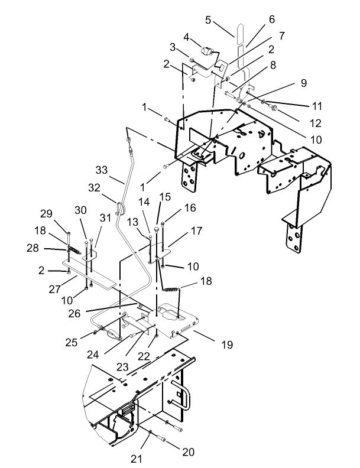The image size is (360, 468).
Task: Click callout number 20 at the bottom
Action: (188, 451)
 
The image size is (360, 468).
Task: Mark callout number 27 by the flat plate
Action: (56, 290)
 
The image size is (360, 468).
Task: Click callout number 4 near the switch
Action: (187, 37)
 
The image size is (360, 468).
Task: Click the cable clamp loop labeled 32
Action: (121, 208)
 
